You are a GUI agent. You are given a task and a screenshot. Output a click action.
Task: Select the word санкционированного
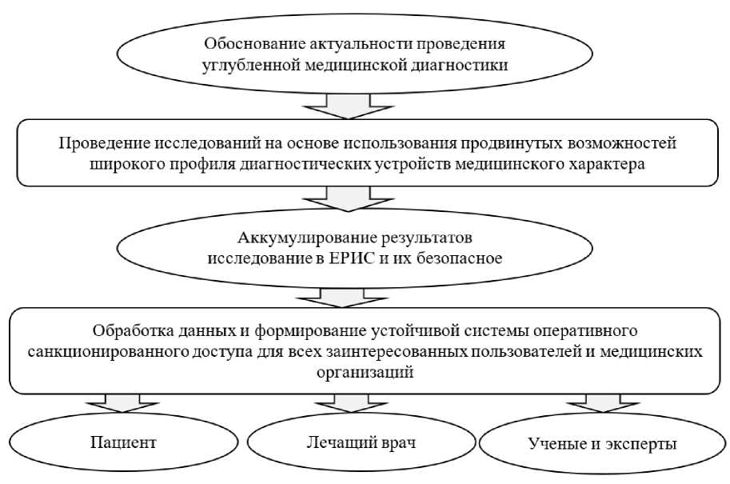pos(102,351)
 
